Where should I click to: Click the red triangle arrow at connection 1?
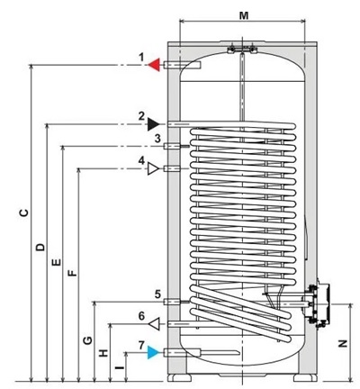155,65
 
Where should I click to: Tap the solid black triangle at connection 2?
153,124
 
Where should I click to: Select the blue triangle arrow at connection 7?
154,352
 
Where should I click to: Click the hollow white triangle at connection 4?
153,168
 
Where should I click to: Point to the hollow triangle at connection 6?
155,324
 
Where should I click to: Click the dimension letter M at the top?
244,15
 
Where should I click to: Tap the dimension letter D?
40,247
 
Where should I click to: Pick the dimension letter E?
56,262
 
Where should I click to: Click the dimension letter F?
72,273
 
